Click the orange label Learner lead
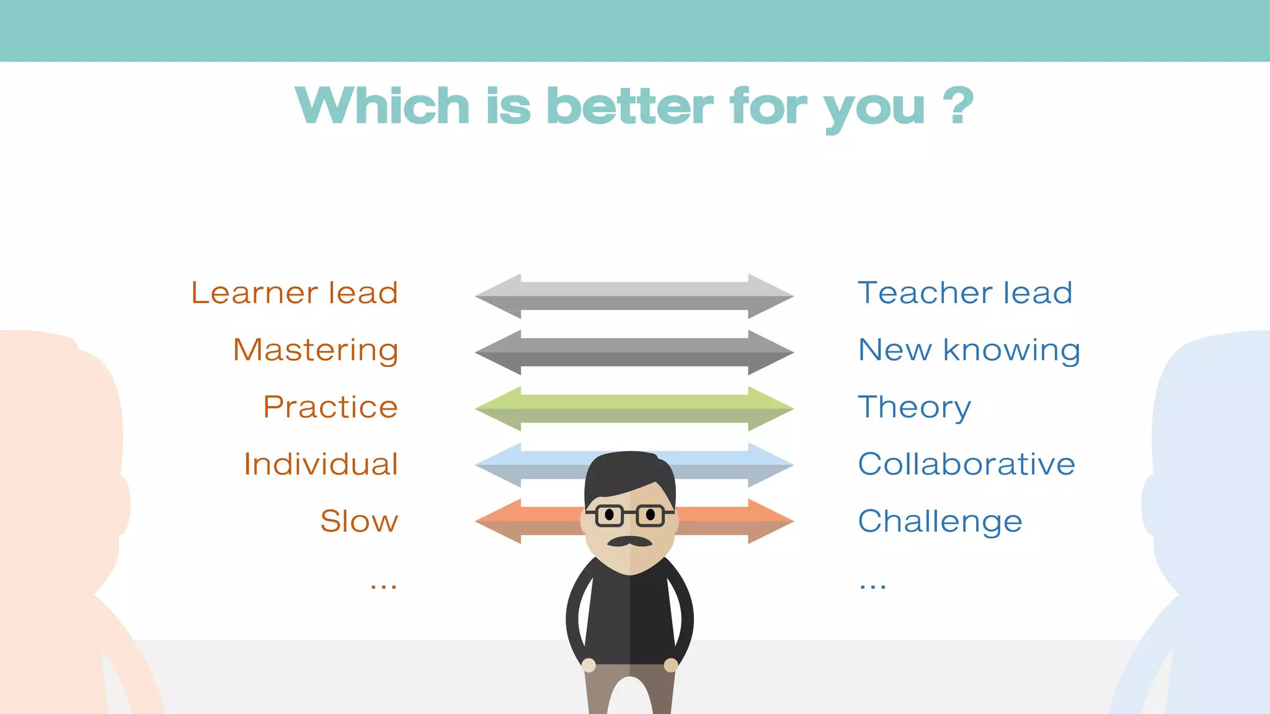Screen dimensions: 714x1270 [x=294, y=293]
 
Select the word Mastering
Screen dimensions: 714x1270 [x=315, y=350]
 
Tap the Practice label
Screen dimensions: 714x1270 [x=330, y=407]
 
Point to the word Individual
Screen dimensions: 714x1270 [x=321, y=464]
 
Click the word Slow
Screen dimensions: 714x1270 [x=359, y=521]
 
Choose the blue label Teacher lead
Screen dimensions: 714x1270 [x=965, y=293]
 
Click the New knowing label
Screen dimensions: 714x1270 [x=969, y=350]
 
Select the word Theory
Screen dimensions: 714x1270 [x=914, y=407]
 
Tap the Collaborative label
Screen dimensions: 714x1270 [x=966, y=464]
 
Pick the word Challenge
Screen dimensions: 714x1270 [x=939, y=521]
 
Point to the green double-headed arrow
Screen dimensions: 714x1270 [x=634, y=409]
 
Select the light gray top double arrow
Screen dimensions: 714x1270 [x=634, y=296]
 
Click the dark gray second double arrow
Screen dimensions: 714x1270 [x=634, y=353]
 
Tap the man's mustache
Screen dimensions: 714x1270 [x=629, y=542]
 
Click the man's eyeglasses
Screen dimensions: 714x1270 [x=629, y=515]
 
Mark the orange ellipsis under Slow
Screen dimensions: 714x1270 [x=383, y=584]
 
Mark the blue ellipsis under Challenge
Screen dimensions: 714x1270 [x=873, y=584]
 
